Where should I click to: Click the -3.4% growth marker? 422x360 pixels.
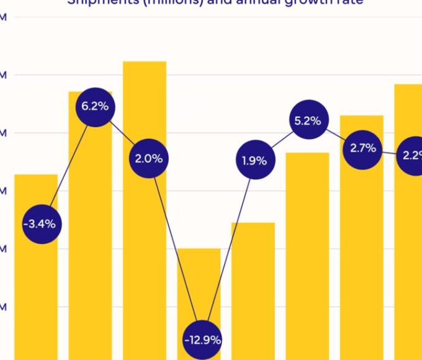(x=40, y=223)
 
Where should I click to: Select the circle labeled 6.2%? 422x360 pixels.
(x=95, y=106)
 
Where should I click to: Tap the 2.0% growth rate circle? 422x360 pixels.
(x=149, y=158)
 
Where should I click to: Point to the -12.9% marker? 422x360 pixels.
(x=202, y=340)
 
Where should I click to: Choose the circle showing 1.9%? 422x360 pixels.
(x=254, y=161)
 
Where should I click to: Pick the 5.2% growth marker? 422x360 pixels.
(x=307, y=121)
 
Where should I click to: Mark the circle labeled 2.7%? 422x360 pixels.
(x=363, y=148)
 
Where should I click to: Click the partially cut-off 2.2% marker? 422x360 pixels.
(x=411, y=155)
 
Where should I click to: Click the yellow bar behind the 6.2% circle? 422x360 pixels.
(x=90, y=248)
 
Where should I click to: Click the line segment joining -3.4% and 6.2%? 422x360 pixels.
(x=68, y=165)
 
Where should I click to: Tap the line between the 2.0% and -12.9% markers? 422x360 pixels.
(x=176, y=248)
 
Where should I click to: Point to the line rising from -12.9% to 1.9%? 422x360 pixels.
(x=228, y=250)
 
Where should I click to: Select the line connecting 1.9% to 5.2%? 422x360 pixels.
(x=281, y=141)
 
